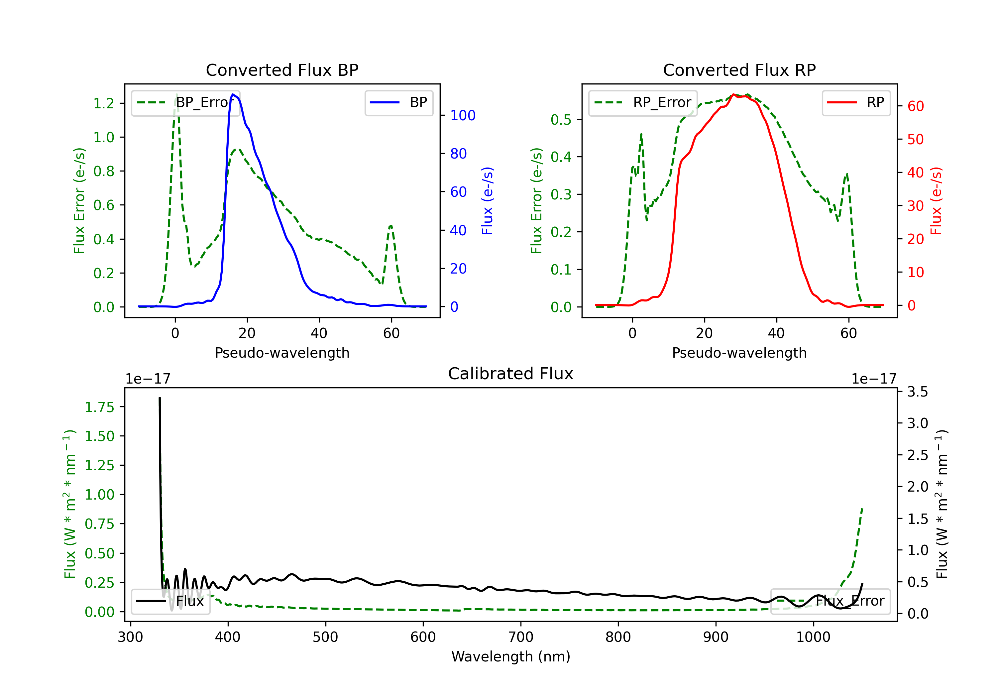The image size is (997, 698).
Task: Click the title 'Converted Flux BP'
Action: coord(282,70)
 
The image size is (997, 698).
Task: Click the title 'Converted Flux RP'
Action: coord(739,70)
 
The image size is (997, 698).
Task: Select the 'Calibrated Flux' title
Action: coord(511,374)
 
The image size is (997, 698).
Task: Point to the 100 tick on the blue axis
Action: coord(463,116)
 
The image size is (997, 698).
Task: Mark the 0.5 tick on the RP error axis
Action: coord(561,119)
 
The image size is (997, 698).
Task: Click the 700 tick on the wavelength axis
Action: coord(521,637)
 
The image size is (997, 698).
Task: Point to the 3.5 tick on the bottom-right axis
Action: coord(918,392)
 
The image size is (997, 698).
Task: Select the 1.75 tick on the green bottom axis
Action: coord(99,407)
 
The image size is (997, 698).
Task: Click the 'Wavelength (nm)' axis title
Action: coord(511,657)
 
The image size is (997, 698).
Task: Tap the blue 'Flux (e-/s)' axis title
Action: coord(487,201)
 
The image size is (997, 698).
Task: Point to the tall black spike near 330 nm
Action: coord(160,398)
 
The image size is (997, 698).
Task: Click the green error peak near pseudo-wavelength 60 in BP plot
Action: coord(391,226)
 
